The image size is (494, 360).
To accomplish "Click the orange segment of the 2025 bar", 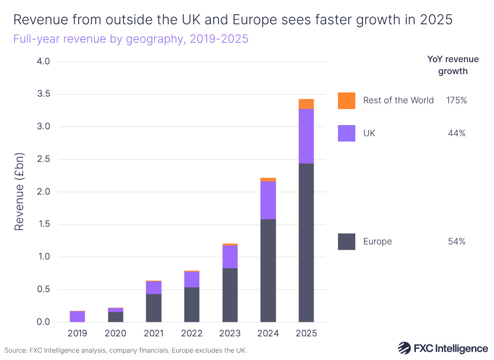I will (x=306, y=104).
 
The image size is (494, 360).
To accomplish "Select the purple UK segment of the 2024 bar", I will (x=268, y=200).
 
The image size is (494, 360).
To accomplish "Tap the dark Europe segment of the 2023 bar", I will (x=230, y=295).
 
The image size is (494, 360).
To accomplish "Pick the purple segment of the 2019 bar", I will (x=77, y=316).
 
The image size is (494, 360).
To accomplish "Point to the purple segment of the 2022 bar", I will (x=191, y=279).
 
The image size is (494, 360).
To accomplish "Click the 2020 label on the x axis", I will (x=115, y=333).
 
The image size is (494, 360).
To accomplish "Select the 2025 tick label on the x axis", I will (x=306, y=333).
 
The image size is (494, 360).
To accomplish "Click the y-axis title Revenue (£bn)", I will (x=19, y=192).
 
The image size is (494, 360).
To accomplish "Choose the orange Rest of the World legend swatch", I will (x=346, y=100).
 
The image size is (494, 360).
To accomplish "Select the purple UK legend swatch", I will (x=346, y=133).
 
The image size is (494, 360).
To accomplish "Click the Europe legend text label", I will (x=377, y=242).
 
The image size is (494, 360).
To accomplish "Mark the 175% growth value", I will (x=456, y=100).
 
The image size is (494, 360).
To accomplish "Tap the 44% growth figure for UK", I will (x=457, y=133).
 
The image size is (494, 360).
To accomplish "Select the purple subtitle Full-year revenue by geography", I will (x=131, y=39).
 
